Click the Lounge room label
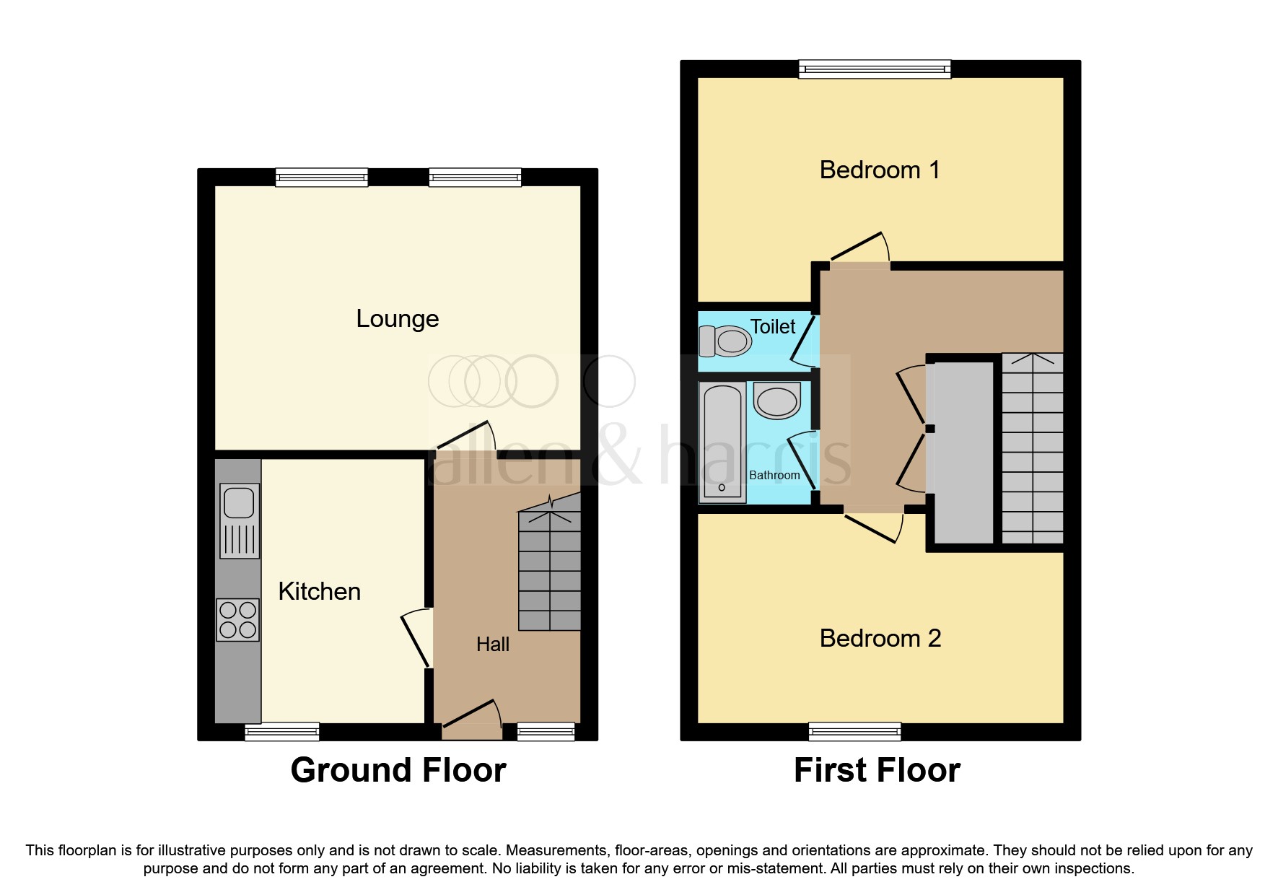click(398, 318)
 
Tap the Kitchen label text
click(319, 591)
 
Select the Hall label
click(493, 644)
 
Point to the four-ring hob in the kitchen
click(238, 620)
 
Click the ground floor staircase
click(550, 570)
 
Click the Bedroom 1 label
click(880, 170)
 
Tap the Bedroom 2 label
click(880, 638)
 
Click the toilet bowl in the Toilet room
click(726, 341)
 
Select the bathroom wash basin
click(776, 401)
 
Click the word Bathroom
click(774, 475)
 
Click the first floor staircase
click(1033, 448)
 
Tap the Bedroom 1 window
click(875, 69)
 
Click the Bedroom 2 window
click(854, 732)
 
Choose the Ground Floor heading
click(398, 770)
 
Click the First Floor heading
click(877, 770)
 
